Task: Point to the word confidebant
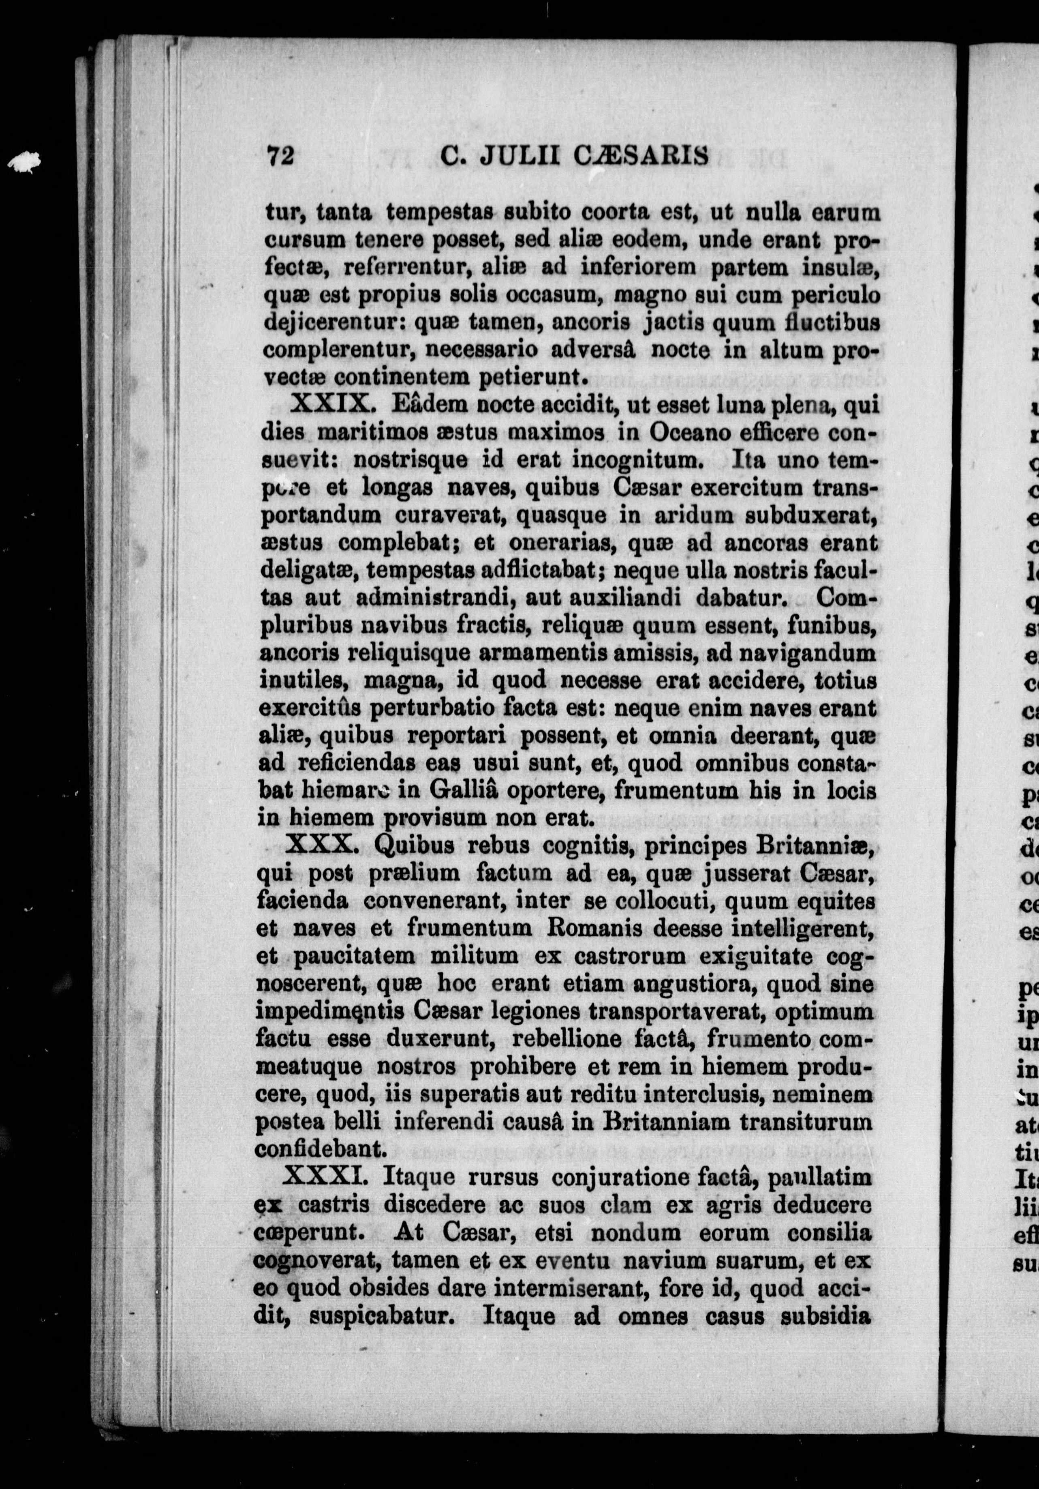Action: click(x=321, y=1148)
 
